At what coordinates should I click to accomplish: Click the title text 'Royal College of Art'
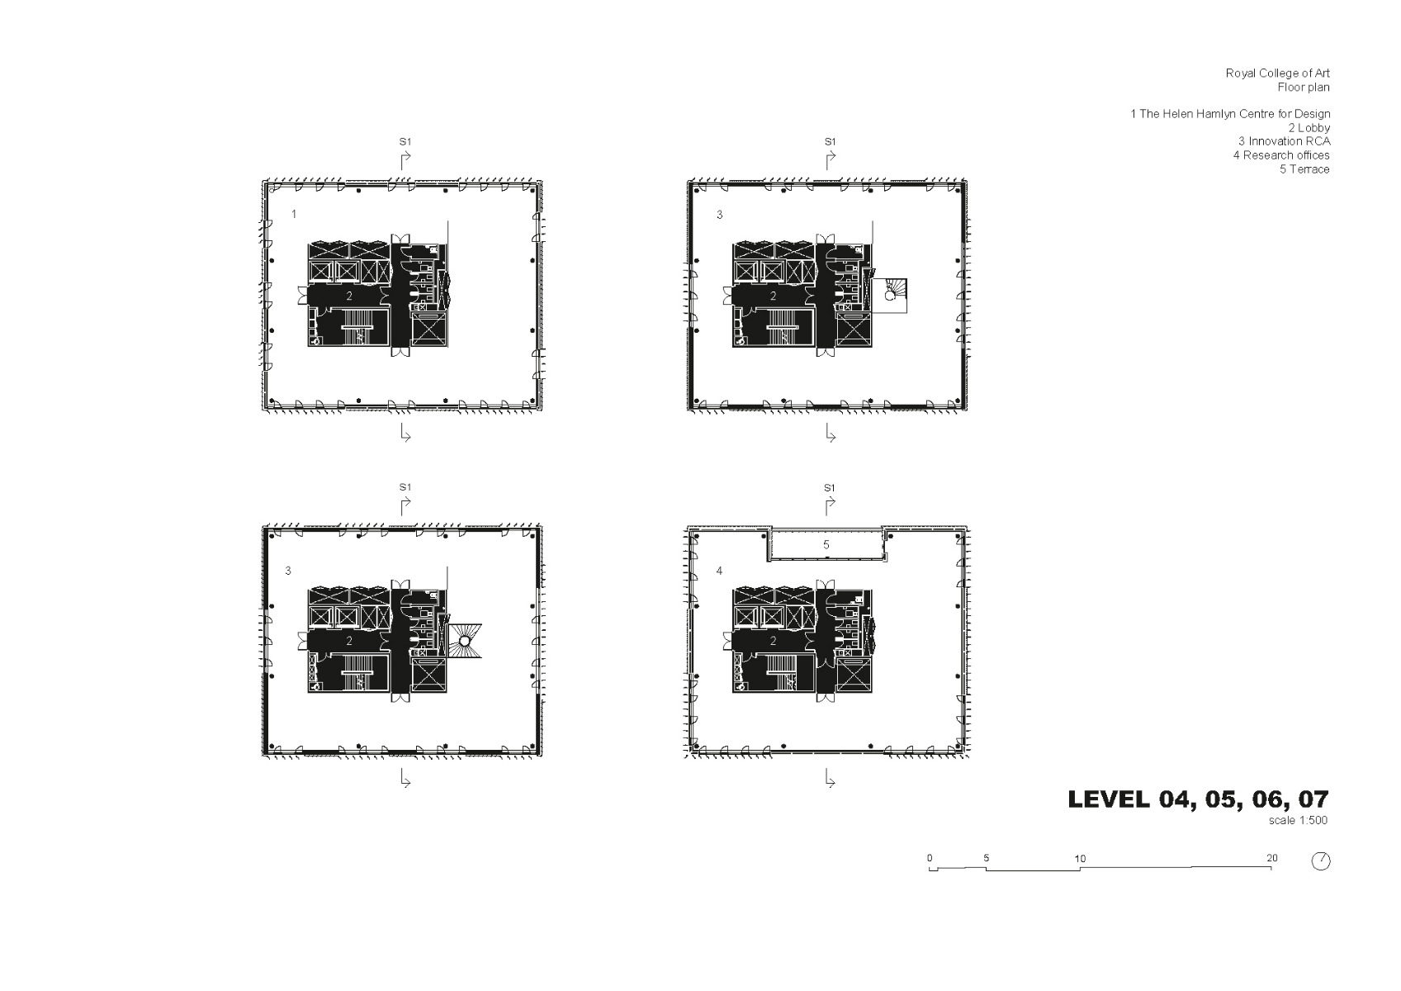1277,73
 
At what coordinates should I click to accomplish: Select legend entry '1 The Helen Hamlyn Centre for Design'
1230,114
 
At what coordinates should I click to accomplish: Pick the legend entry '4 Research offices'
1281,155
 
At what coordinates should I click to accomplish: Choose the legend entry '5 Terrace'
1304,169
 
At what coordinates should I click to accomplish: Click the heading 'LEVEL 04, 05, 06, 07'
1198,799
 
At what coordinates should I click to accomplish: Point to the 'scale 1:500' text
1298,821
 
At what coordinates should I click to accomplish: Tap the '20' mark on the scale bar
1271,858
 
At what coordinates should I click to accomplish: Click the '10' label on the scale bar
1080,859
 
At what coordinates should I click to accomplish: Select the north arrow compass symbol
1321,861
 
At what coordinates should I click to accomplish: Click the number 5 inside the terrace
826,545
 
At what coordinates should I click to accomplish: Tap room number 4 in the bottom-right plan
719,570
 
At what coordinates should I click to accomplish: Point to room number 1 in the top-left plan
294,214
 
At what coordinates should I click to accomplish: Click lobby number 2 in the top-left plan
349,296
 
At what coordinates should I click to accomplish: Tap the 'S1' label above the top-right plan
830,141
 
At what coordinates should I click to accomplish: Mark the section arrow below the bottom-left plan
405,779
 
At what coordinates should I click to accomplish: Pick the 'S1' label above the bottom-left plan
405,487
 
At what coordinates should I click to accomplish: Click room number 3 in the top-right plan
719,215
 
